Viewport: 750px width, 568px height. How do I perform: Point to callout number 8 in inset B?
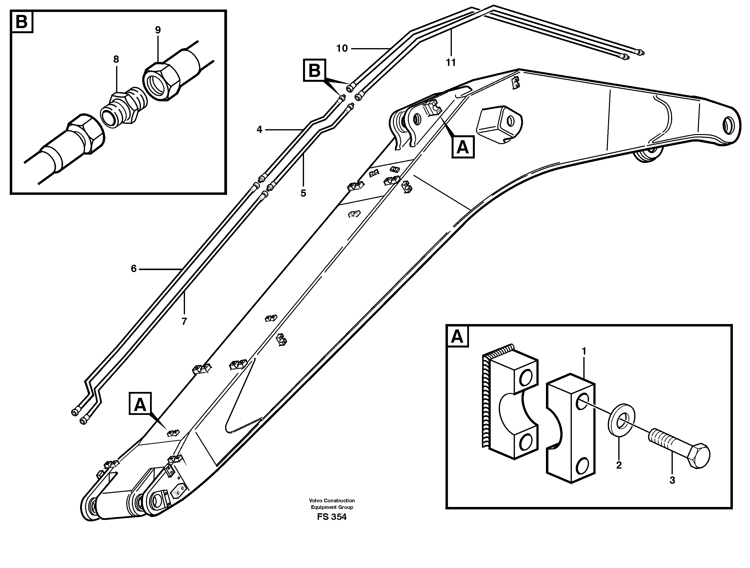point(116,60)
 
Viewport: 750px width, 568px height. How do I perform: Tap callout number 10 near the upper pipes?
point(342,48)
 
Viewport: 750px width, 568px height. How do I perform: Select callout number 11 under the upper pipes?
point(451,63)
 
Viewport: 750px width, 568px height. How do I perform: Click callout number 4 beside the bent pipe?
point(259,129)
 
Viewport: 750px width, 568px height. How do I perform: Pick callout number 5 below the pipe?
point(303,193)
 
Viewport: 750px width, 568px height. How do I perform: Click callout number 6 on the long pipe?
point(134,269)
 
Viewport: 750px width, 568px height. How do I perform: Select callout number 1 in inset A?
point(584,351)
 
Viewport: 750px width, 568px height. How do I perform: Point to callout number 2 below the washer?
point(619,465)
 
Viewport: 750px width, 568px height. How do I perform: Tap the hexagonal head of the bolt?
point(699,456)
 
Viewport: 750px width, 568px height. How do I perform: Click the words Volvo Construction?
point(332,500)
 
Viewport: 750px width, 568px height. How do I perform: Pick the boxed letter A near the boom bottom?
point(140,404)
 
